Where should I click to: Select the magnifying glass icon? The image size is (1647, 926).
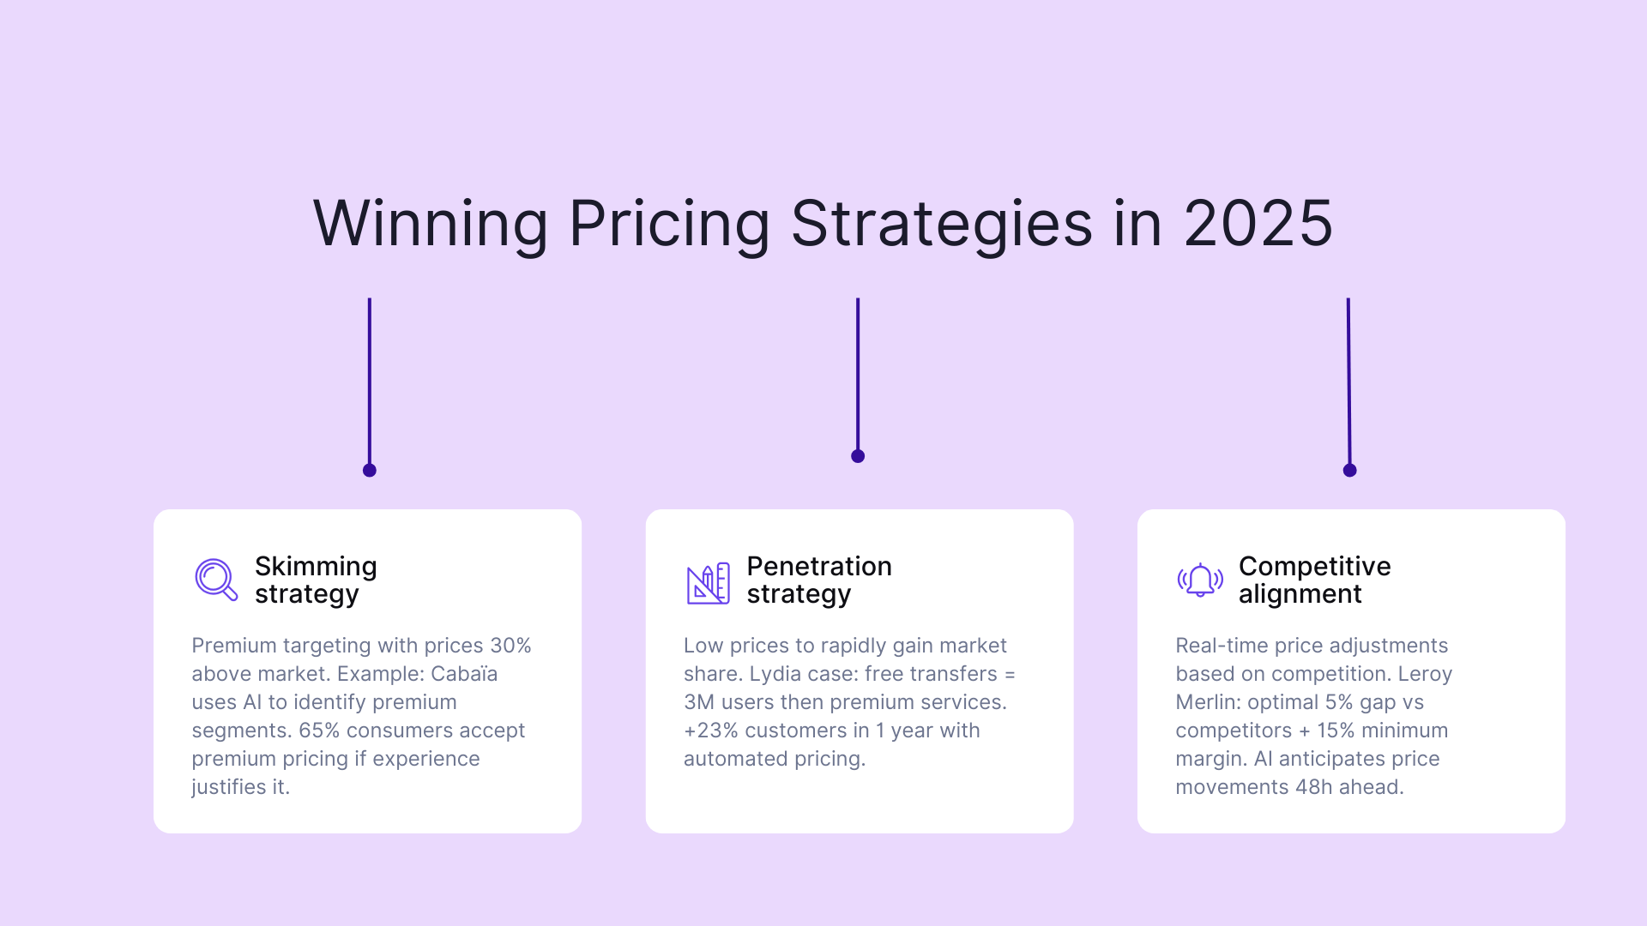click(215, 580)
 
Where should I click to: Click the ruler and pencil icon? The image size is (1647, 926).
click(708, 583)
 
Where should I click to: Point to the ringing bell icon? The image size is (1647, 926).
click(1199, 580)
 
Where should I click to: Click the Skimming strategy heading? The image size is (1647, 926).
click(316, 580)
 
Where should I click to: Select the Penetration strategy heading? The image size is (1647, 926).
click(819, 580)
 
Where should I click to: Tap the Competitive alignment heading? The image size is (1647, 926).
click(1314, 580)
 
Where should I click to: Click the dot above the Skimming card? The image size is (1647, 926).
click(370, 470)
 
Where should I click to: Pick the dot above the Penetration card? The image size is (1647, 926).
click(858, 456)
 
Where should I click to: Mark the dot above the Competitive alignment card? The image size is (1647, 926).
click(1349, 470)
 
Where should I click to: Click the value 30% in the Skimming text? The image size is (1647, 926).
click(510, 646)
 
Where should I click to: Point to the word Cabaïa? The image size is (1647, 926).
click(464, 674)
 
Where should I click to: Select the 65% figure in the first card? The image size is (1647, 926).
click(319, 731)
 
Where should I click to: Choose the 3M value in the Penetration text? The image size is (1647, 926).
click(699, 702)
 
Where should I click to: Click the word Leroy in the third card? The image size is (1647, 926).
click(1425, 674)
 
